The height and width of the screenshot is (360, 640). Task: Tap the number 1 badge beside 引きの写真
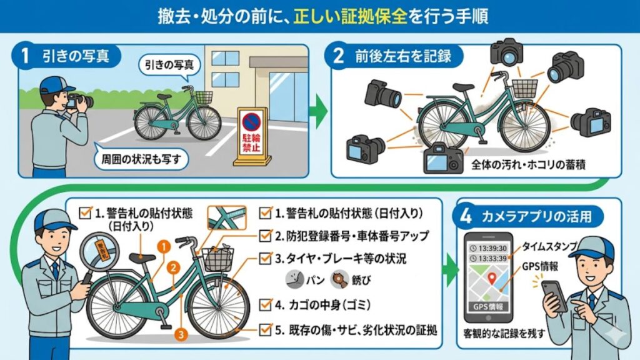click(x=26, y=56)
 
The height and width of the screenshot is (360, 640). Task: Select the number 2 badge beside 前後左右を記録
click(x=338, y=56)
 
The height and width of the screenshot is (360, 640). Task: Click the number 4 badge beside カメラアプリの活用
click(x=466, y=216)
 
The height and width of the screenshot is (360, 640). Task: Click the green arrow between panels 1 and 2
click(x=319, y=112)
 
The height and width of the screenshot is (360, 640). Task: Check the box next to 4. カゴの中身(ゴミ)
click(x=265, y=304)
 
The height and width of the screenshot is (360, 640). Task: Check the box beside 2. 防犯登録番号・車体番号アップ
click(x=265, y=236)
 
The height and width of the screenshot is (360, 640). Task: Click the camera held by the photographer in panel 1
click(x=81, y=101)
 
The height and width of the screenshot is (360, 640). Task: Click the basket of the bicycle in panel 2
click(x=524, y=87)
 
